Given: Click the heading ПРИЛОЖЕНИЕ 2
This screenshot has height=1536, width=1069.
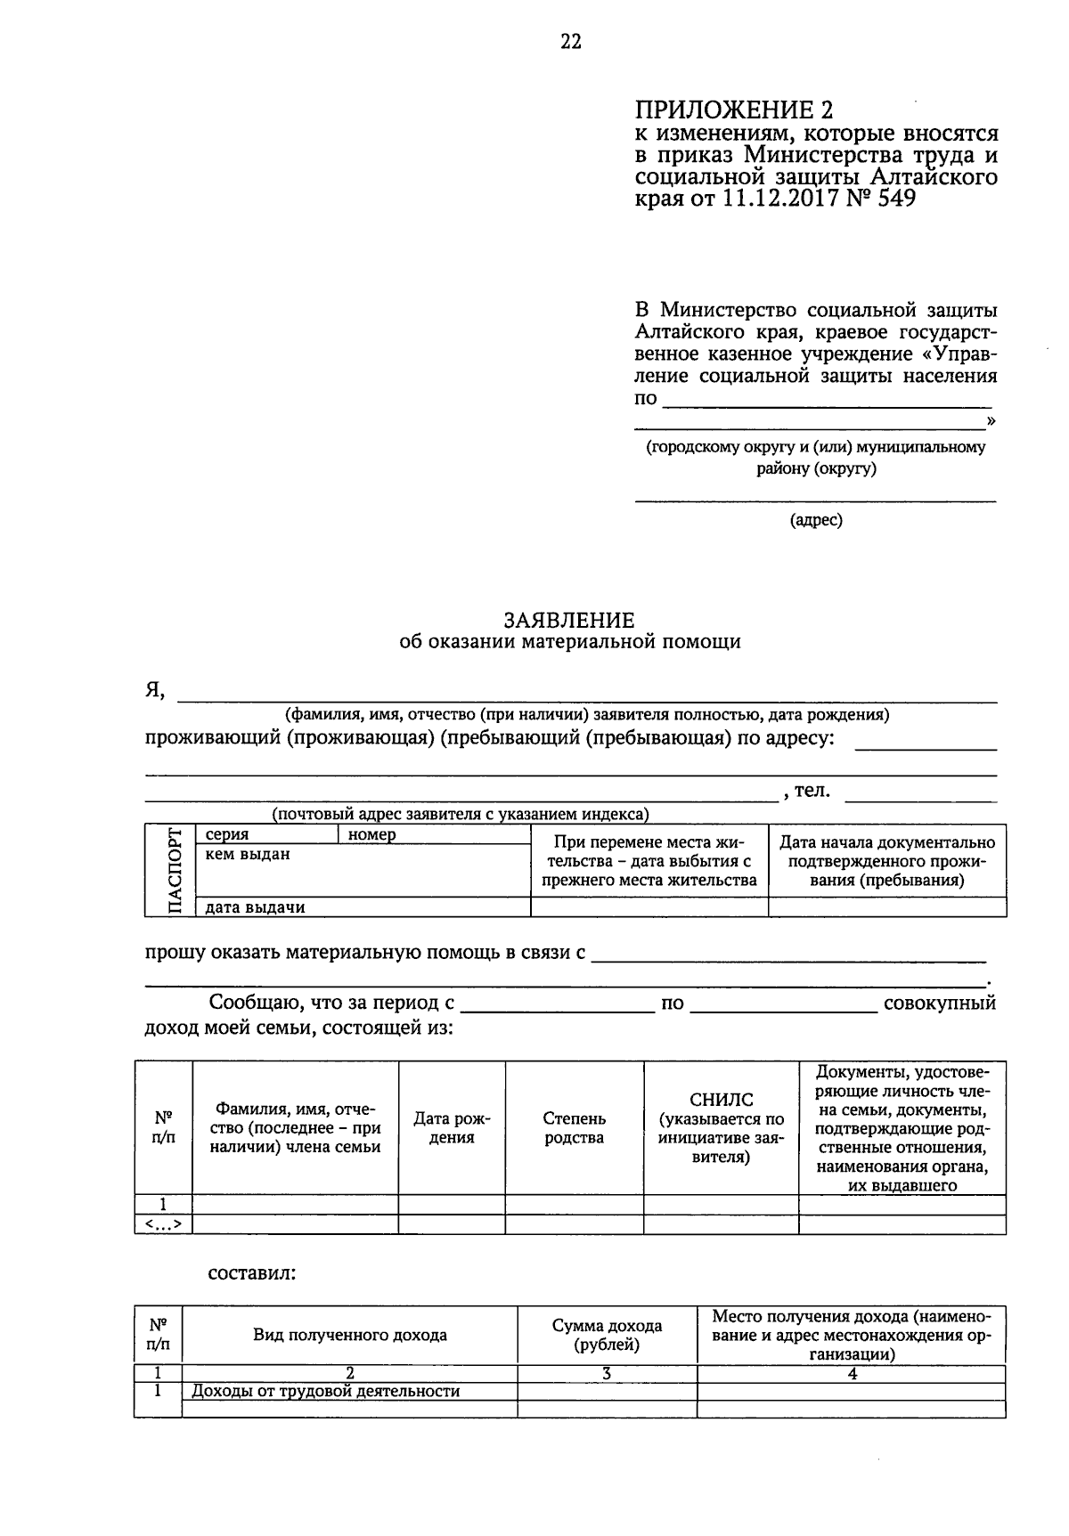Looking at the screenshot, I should (736, 110).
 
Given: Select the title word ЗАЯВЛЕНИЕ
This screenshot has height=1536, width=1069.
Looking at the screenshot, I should (569, 620).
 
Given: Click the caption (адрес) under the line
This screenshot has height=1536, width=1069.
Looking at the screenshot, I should (815, 520).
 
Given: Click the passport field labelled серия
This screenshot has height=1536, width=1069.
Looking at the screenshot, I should (227, 835).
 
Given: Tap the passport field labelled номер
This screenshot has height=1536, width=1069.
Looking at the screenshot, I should (372, 835).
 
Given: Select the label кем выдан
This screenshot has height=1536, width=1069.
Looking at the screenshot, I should (248, 855).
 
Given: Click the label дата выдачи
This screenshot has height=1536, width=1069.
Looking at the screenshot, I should (255, 907).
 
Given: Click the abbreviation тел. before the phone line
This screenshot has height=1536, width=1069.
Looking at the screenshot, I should (811, 790).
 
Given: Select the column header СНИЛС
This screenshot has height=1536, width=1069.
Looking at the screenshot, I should (721, 1101).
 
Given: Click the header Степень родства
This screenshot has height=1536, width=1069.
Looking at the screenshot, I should (574, 1128).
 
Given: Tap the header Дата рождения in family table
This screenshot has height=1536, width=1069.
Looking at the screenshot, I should (452, 1128).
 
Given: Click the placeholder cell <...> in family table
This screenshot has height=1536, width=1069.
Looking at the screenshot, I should (163, 1224).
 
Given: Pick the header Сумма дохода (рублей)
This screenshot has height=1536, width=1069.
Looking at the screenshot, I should (607, 1336).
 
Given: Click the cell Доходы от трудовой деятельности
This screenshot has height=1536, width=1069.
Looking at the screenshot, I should (326, 1391).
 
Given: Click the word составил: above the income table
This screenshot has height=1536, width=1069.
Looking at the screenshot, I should (251, 1273).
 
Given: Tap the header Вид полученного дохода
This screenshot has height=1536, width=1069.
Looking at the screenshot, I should (350, 1336).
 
